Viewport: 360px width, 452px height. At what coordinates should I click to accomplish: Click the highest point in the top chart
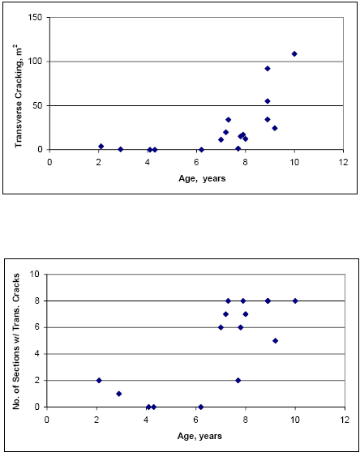tap(294, 53)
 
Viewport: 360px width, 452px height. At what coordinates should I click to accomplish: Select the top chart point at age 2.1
tap(101, 147)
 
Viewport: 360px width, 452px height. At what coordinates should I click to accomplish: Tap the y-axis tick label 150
tap(35, 17)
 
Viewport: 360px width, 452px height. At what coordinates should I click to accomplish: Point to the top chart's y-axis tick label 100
tap(35, 62)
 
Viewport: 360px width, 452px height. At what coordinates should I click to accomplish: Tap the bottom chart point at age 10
tap(295, 301)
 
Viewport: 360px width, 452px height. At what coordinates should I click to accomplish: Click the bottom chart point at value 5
tap(275, 340)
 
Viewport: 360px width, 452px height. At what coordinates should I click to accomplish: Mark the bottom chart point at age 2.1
tap(99, 380)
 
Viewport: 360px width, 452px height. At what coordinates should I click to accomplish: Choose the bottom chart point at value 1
tap(118, 394)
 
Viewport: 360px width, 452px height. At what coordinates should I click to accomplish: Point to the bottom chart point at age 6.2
tap(200, 407)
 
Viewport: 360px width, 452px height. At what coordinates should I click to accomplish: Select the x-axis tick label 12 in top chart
tap(344, 162)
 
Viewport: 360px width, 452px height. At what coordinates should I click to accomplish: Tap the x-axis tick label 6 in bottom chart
tap(195, 420)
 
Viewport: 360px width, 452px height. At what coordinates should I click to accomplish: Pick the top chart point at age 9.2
tap(275, 128)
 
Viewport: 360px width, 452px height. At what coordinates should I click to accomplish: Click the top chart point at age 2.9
tap(120, 149)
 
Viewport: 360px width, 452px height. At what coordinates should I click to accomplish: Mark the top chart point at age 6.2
tap(201, 149)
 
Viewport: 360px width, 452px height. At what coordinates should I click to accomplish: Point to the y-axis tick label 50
tap(37, 105)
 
